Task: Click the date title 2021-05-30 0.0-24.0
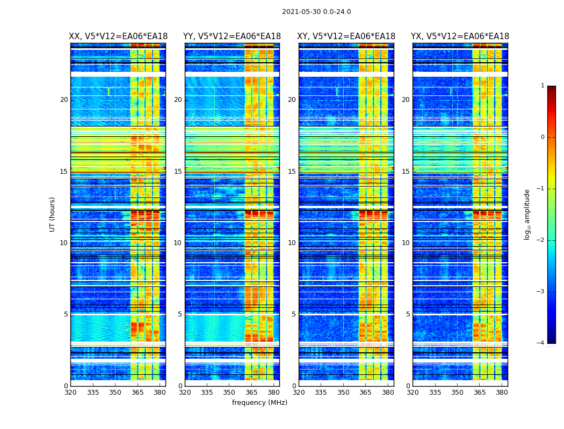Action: [316, 12]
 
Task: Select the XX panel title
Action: [118, 36]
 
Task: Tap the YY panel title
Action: [232, 36]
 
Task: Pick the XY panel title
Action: [346, 36]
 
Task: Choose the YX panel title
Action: [460, 36]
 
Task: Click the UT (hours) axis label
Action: [53, 214]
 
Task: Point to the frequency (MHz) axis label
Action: [259, 403]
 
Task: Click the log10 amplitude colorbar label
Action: [527, 214]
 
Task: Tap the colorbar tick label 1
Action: [543, 86]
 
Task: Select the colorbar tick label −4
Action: [541, 343]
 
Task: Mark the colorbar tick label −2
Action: [541, 240]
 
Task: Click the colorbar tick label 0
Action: [543, 137]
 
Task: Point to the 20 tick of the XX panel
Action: [64, 100]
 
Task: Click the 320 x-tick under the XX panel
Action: [70, 392]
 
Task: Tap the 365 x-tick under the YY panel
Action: [252, 392]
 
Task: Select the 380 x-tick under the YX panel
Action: [502, 392]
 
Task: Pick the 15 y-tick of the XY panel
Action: [292, 172]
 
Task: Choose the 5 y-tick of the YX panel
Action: [408, 314]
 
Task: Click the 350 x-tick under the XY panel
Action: [343, 392]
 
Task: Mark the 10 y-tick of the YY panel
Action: [178, 243]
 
